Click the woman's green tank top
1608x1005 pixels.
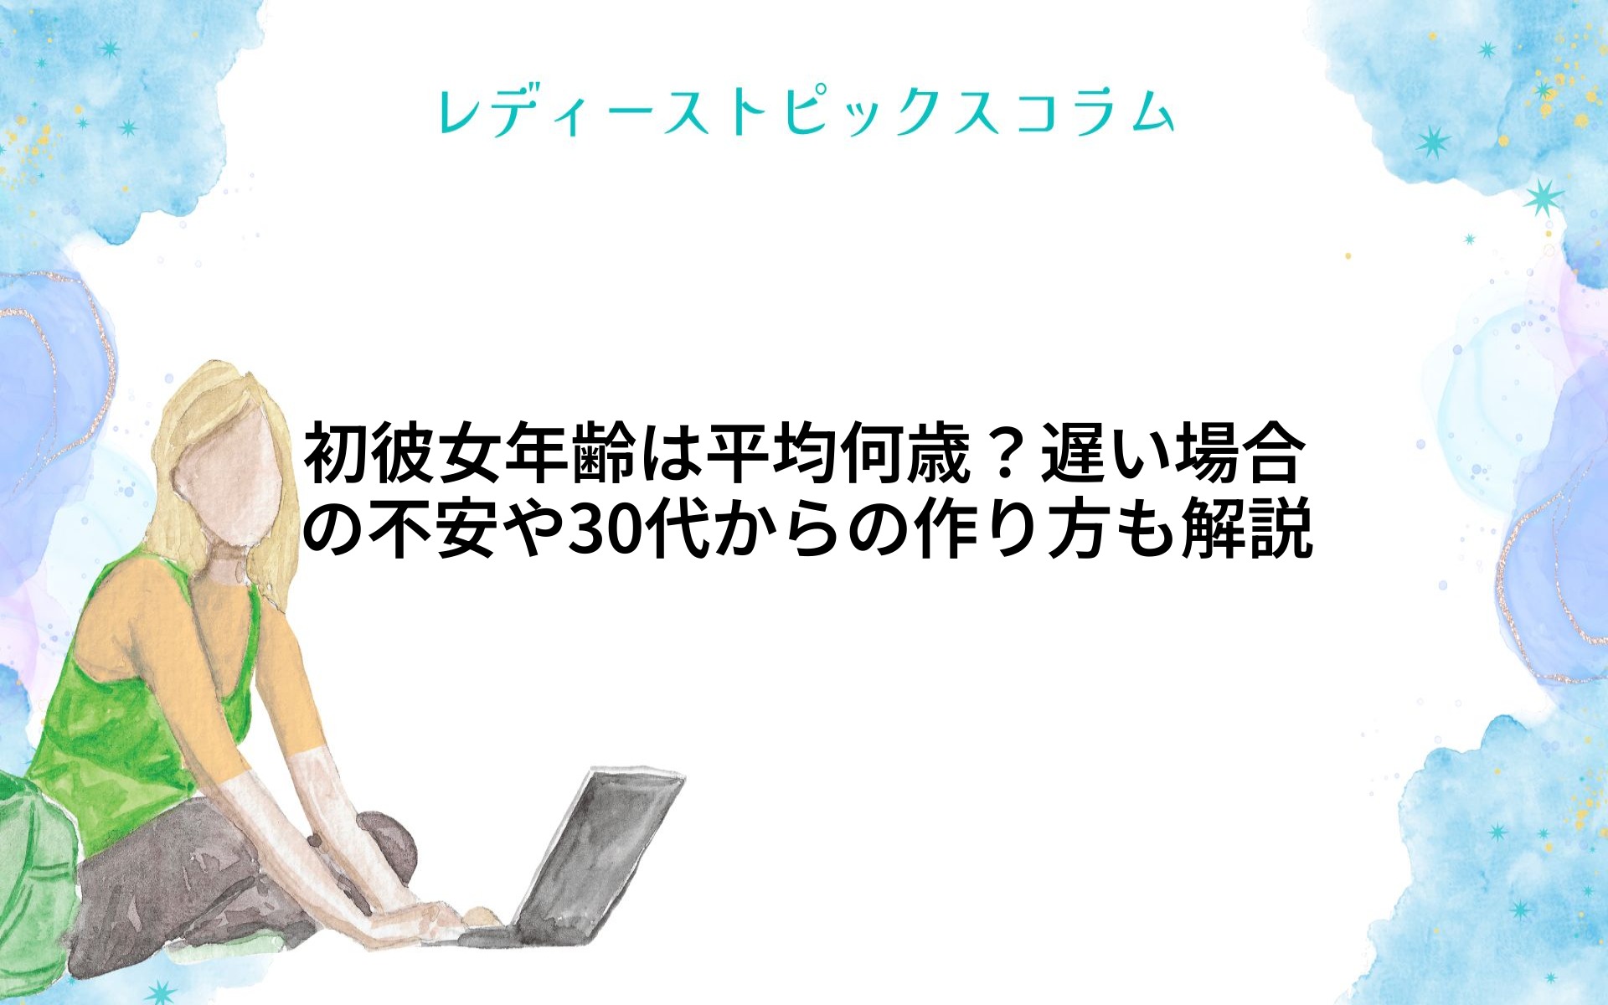(x=126, y=712)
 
